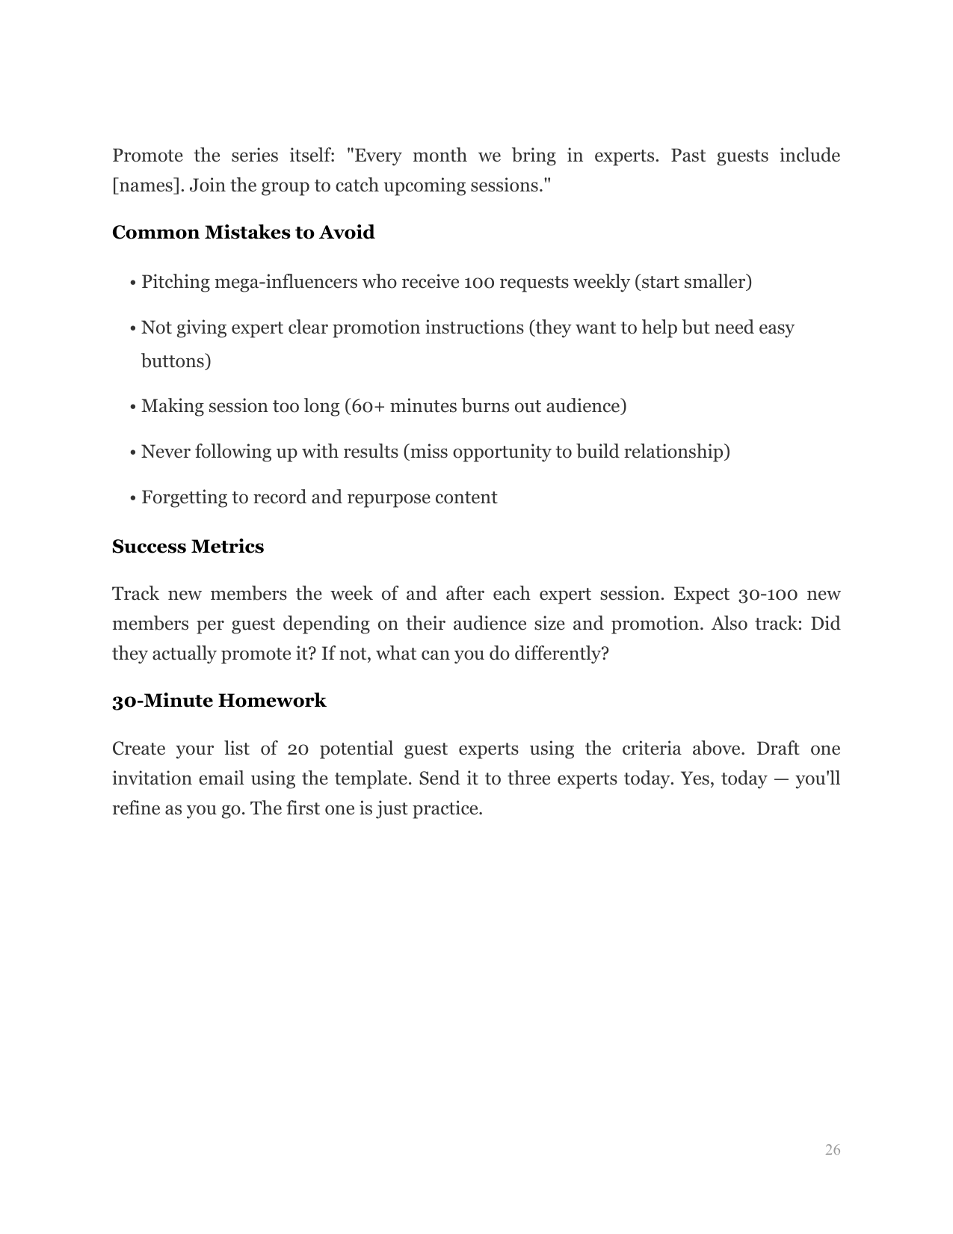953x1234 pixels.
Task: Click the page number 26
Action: click(x=833, y=1150)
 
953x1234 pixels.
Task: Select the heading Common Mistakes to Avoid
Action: click(x=243, y=233)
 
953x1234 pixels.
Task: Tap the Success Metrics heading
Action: click(x=188, y=547)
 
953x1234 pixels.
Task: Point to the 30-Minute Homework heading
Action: click(x=219, y=701)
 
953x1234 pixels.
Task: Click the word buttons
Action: click(x=176, y=361)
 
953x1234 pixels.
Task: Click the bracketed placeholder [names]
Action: click(x=147, y=185)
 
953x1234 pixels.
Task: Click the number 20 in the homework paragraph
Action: click(x=298, y=749)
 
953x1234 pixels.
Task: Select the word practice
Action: click(x=447, y=808)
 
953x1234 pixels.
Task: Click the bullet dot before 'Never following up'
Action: click(x=132, y=452)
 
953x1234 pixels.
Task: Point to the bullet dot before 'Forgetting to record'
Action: click(x=132, y=498)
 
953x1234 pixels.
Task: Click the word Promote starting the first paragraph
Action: click(x=147, y=156)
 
